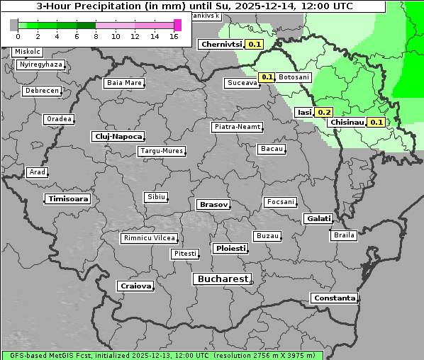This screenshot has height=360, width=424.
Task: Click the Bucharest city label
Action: pos(222,279)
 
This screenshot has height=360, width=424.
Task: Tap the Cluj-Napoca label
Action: pos(118,136)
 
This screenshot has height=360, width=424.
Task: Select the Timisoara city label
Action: pos(69,199)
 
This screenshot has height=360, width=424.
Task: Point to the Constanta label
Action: pos(334,298)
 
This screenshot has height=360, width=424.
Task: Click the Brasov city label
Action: pos(213,204)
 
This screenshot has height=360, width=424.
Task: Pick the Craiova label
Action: pos(135,286)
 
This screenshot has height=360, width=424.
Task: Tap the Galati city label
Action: pos(318,218)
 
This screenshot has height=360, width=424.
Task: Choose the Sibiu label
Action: pos(155,196)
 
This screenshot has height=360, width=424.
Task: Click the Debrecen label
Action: pos(40,91)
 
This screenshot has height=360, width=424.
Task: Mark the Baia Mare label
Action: pos(124,83)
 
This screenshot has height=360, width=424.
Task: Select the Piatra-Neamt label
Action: pos(237,127)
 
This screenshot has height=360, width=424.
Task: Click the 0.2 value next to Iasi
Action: pos(324,112)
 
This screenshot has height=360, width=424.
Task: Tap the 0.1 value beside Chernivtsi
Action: pos(255,44)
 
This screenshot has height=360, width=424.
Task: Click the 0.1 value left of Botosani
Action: pos(267,77)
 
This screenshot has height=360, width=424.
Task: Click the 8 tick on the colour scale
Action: pos(96,36)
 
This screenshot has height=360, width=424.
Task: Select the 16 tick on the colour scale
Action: pos(174,36)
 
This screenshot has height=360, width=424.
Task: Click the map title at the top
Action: pos(193,6)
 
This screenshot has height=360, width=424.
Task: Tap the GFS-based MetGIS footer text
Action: pos(162,355)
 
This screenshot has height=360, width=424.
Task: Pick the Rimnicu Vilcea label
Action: pos(149,238)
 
